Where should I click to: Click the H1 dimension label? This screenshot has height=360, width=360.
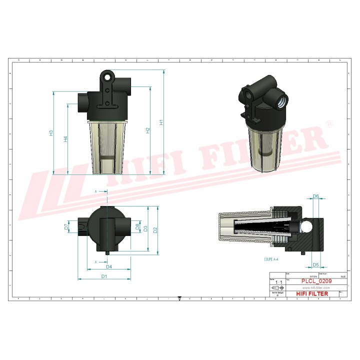[x=161, y=122]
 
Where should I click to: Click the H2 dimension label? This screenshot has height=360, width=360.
[x=147, y=130]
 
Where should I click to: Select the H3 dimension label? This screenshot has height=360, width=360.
[x=51, y=133]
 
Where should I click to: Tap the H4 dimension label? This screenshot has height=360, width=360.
[x=65, y=139]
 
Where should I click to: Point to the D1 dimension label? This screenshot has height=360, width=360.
[x=104, y=276]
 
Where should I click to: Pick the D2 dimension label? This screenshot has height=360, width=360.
[x=155, y=230]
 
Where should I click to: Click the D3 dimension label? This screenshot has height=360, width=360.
[x=146, y=229]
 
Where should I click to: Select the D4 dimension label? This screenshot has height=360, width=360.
[x=108, y=266]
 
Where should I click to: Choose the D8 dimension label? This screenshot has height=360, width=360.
[x=137, y=227]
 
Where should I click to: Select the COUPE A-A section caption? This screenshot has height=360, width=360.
[x=273, y=259]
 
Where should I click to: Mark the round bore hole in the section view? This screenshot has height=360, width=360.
[x=305, y=226]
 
